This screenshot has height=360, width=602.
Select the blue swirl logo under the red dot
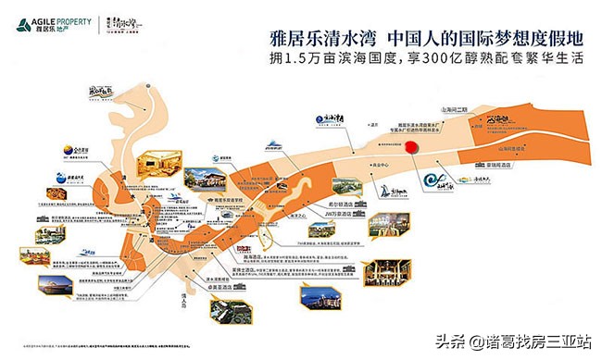coord(433,181)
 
